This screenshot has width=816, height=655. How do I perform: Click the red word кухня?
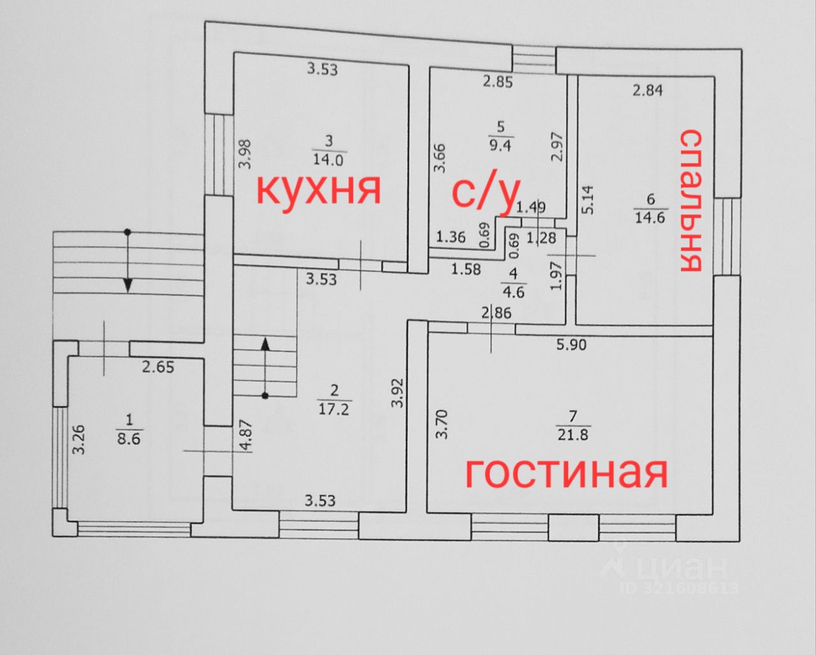(319, 189)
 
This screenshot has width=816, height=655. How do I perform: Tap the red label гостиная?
(566, 472)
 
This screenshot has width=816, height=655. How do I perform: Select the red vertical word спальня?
(691, 200)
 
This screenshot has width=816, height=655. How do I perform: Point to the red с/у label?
(486, 192)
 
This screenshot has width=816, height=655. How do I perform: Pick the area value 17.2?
(334, 409)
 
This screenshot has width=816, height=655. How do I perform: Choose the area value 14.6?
(650, 217)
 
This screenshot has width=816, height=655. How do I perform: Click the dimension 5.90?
(571, 345)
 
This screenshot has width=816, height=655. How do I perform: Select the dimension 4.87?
(245, 436)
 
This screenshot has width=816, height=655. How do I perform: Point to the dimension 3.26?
(78, 440)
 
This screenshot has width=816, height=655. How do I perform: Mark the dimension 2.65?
(158, 367)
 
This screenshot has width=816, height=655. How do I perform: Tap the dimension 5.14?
(588, 199)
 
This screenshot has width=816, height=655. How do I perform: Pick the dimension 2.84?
(647, 90)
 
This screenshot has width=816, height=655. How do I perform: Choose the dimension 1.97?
(555, 277)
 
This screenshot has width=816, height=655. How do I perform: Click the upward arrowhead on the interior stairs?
(265, 345)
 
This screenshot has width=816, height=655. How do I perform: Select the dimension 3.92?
(398, 393)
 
